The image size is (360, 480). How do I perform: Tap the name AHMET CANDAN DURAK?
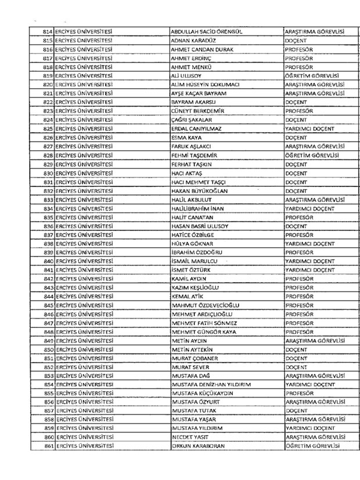(201, 49)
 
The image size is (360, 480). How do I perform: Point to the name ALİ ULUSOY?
(190, 76)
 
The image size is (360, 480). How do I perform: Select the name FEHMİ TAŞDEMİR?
(197, 156)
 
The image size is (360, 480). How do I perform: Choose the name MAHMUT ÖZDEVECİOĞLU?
(206, 306)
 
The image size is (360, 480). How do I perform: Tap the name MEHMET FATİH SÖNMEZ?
(205, 323)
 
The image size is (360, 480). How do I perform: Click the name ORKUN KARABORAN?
(197, 446)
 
